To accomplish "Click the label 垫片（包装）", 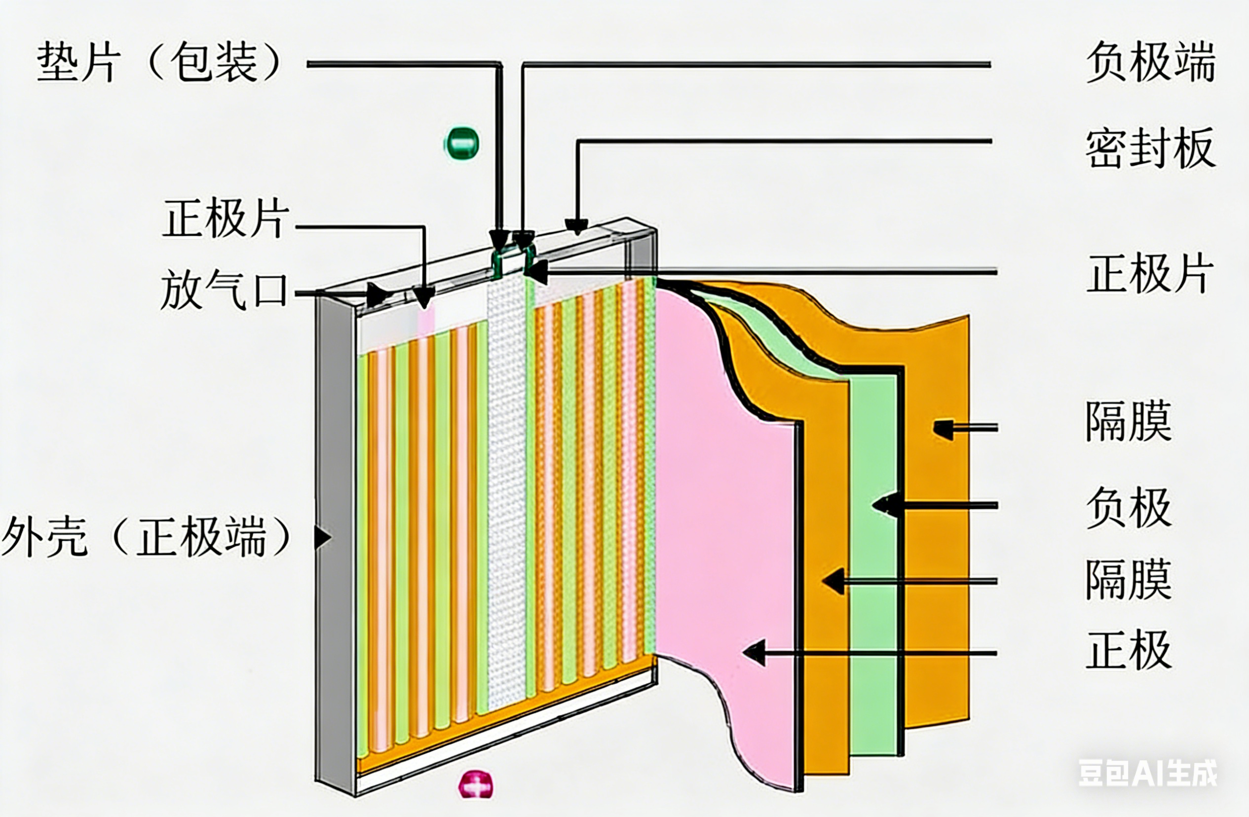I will pyautogui.click(x=160, y=63).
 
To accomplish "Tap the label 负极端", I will pyautogui.click(x=1150, y=63).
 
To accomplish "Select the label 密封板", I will pyautogui.click(x=1150, y=148).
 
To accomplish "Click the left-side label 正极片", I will pyautogui.click(x=226, y=218).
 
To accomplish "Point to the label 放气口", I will pyautogui.click(x=225, y=290).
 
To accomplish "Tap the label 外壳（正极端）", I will pyautogui.click(x=147, y=536).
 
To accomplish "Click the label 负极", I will pyautogui.click(x=1128, y=507).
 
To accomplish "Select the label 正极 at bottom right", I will pyautogui.click(x=1128, y=650).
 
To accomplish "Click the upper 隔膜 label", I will pyautogui.click(x=1128, y=421).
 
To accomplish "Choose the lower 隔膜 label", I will pyautogui.click(x=1128, y=579).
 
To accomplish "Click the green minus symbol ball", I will pyautogui.click(x=461, y=143).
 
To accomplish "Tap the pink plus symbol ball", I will pyautogui.click(x=475, y=785).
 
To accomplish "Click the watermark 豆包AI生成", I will pyautogui.click(x=1147, y=773).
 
